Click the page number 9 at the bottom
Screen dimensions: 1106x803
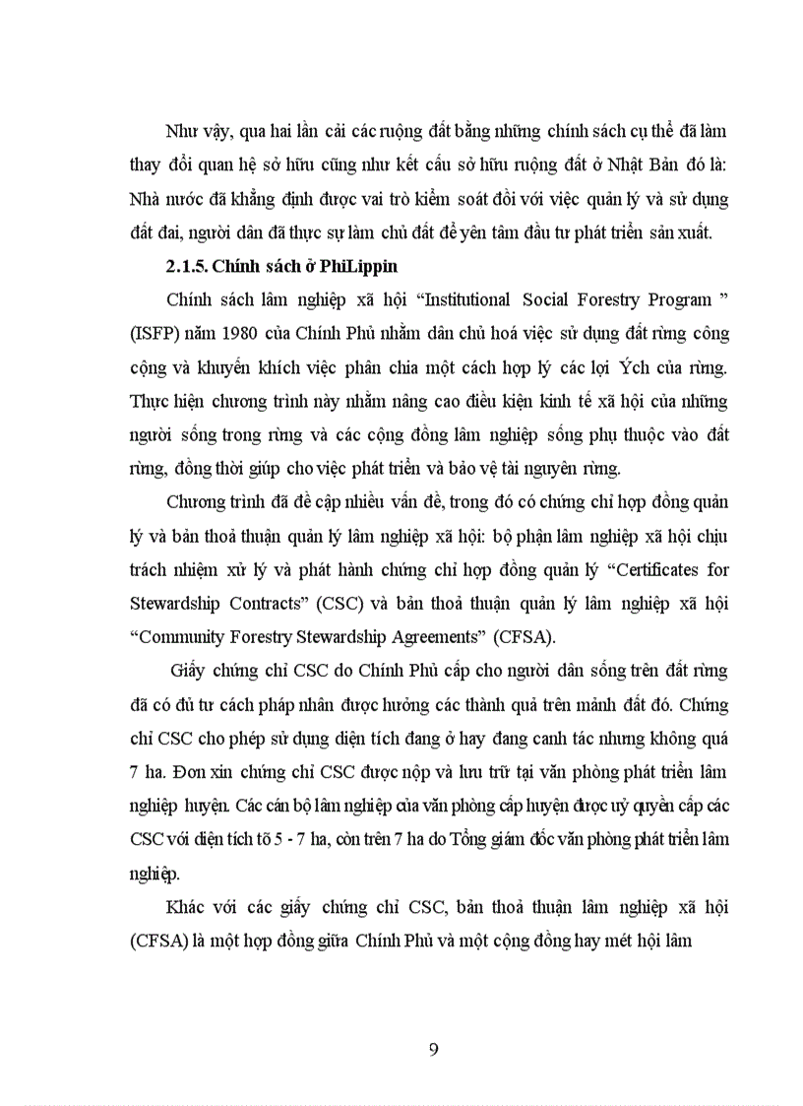click(434, 1047)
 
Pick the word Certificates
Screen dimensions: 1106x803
click(647, 569)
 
